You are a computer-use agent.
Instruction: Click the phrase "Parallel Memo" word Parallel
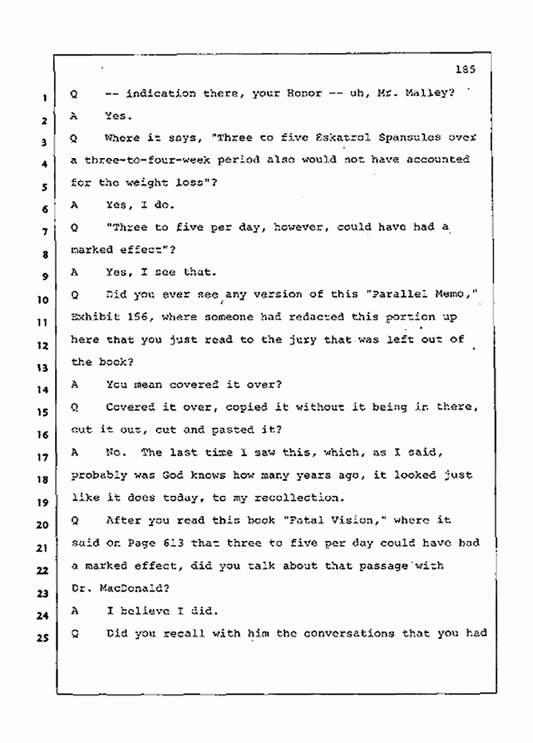click(392, 295)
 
